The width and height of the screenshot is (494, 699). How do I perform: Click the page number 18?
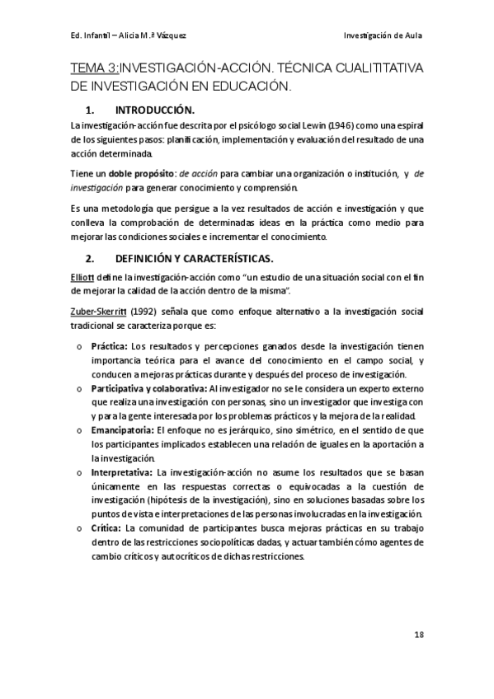point(418,636)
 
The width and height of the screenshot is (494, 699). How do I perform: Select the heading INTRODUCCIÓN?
point(155,110)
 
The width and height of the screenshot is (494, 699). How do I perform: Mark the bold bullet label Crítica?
point(106,528)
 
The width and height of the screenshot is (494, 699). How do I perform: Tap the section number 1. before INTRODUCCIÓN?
point(92,110)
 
